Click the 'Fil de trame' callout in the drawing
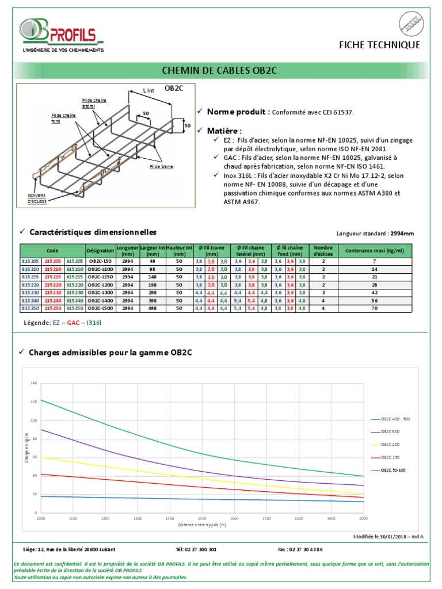tap(162, 166)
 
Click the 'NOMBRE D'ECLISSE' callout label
tap(37, 198)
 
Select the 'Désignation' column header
tap(101, 251)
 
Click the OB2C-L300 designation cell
tap(101, 292)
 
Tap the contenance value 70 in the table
tap(375, 308)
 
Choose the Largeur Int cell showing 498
tap(153, 308)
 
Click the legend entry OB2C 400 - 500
tap(395, 419)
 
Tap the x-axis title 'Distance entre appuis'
tap(202, 525)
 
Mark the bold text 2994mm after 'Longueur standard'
tap(402, 234)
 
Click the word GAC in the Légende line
tap(74, 323)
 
